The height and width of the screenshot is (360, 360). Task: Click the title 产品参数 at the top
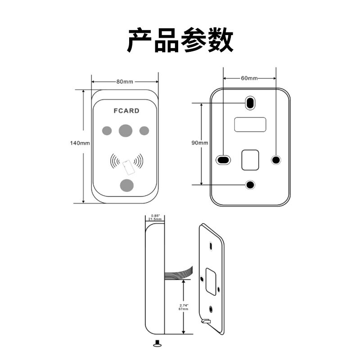click(180, 40)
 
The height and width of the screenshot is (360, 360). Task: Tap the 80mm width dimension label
click(125, 81)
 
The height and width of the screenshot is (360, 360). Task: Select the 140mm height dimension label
click(80, 143)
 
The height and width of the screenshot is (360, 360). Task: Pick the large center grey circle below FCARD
click(126, 130)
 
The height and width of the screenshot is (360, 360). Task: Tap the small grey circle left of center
click(107, 130)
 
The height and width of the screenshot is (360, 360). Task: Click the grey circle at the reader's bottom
click(126, 184)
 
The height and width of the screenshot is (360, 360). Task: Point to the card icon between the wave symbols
click(127, 167)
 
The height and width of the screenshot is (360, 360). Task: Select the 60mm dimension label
click(249, 78)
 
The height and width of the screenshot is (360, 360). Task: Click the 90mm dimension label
click(199, 143)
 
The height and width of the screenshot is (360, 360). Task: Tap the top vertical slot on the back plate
click(250, 103)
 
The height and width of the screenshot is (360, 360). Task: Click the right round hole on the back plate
click(276, 159)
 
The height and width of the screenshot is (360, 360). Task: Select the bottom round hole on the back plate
click(250, 184)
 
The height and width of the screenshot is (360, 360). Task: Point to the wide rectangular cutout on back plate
click(250, 124)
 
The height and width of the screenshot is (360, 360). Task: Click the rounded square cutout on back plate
click(250, 160)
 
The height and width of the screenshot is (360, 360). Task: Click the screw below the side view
click(157, 344)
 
